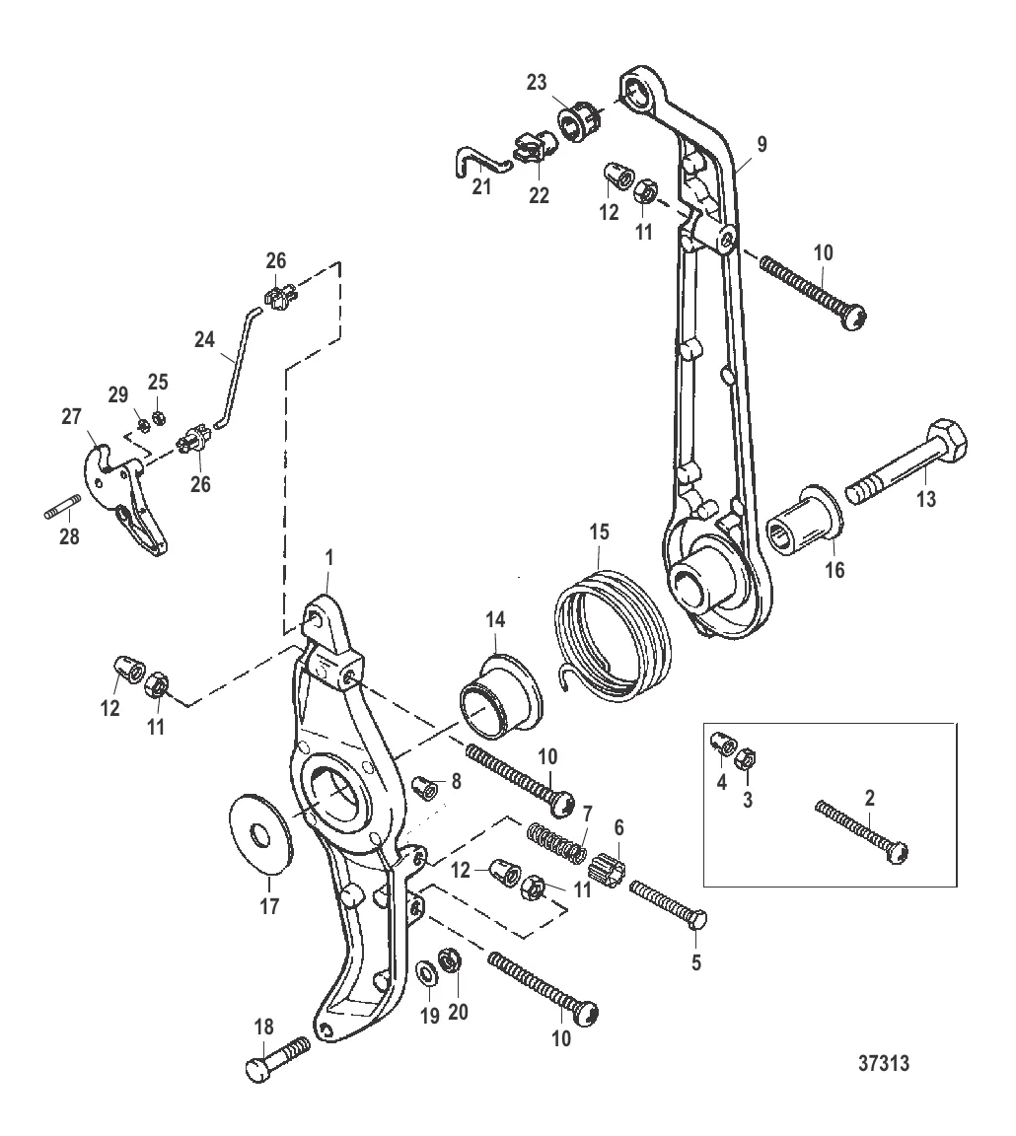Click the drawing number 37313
click(x=884, y=1063)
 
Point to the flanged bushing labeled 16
click(x=804, y=521)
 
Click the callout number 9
click(x=762, y=144)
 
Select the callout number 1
click(x=329, y=558)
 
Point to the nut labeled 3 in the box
click(x=747, y=760)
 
